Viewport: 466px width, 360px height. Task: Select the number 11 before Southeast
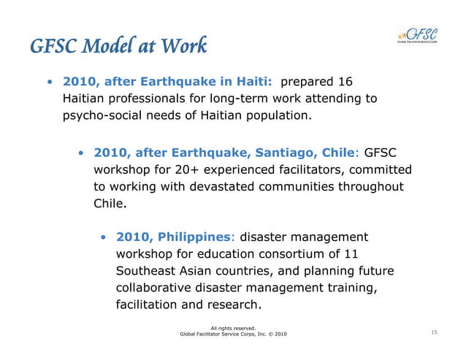tap(351, 253)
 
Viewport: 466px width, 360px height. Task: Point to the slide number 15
tap(434, 333)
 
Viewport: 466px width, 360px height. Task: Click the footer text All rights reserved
tap(232, 327)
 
